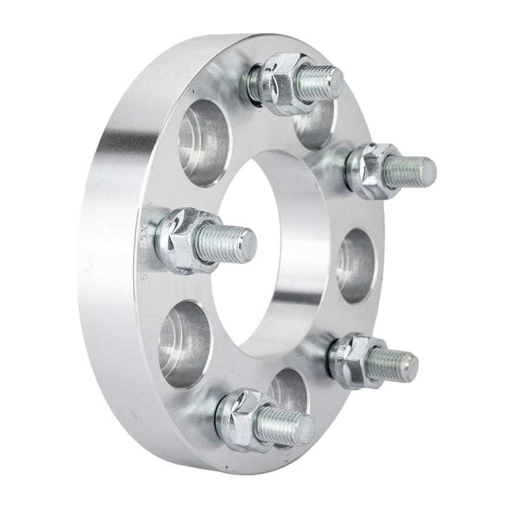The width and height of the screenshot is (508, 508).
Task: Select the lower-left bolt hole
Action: (x=186, y=342)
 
